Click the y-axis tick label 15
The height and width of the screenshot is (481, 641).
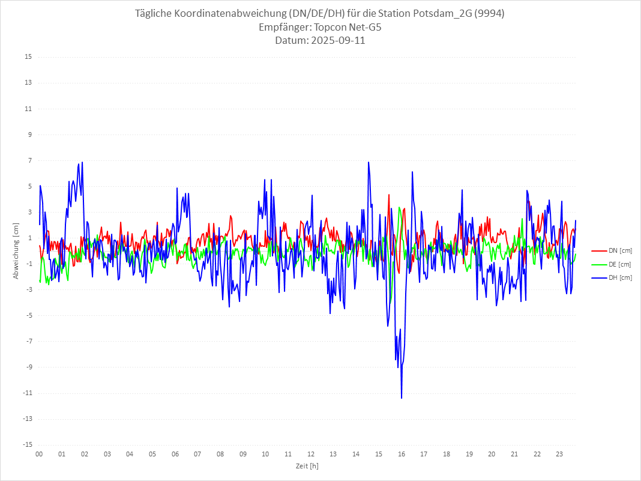[x=28, y=57]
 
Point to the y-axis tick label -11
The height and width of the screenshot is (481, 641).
[x=26, y=393]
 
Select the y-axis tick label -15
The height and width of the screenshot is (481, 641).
[x=26, y=444]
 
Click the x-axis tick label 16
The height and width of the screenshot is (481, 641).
[x=401, y=454]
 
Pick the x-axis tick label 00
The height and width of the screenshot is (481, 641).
[x=39, y=454]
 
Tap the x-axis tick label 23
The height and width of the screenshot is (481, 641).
[x=559, y=454]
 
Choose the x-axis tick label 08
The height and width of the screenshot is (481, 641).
[x=220, y=454]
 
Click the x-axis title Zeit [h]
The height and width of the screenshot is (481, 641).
[x=307, y=465]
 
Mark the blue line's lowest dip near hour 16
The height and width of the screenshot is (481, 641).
[x=402, y=398]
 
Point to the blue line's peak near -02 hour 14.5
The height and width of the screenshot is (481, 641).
[x=369, y=162]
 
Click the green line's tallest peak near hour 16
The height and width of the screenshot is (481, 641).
[x=399, y=208]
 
